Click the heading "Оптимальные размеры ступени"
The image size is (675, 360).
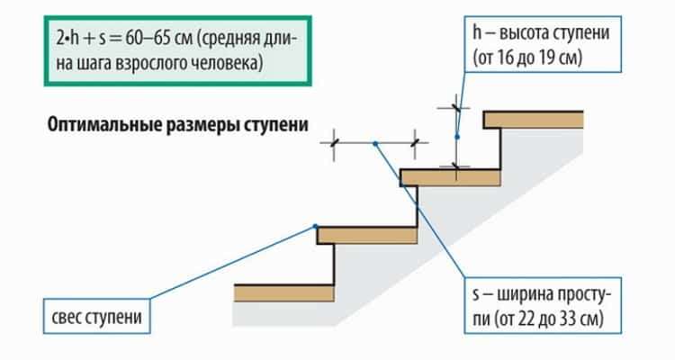[178, 125]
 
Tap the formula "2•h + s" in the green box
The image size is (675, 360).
[81, 39]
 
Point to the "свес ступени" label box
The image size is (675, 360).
[97, 316]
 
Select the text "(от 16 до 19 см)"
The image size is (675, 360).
[527, 58]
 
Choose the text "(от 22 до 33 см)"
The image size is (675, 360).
[538, 319]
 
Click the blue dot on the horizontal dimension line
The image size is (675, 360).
[375, 143]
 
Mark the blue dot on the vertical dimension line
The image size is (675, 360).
[456, 137]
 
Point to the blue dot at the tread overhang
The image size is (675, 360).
[316, 226]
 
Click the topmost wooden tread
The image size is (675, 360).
[534, 120]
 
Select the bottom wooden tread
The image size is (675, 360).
[284, 292]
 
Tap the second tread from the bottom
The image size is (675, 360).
[367, 235]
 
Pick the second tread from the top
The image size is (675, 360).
[450, 177]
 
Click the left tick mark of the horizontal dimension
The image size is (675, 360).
[334, 142]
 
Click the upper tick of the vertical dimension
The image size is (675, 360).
[456, 107]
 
